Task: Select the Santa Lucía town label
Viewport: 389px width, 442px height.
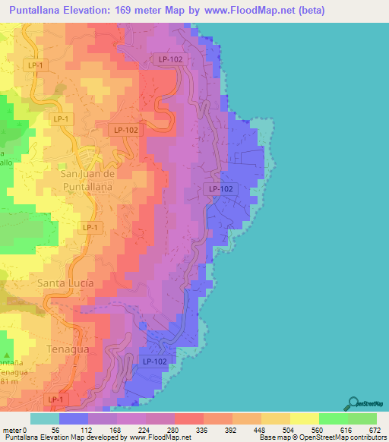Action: coord(65,283)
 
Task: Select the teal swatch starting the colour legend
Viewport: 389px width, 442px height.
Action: coord(44,419)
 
